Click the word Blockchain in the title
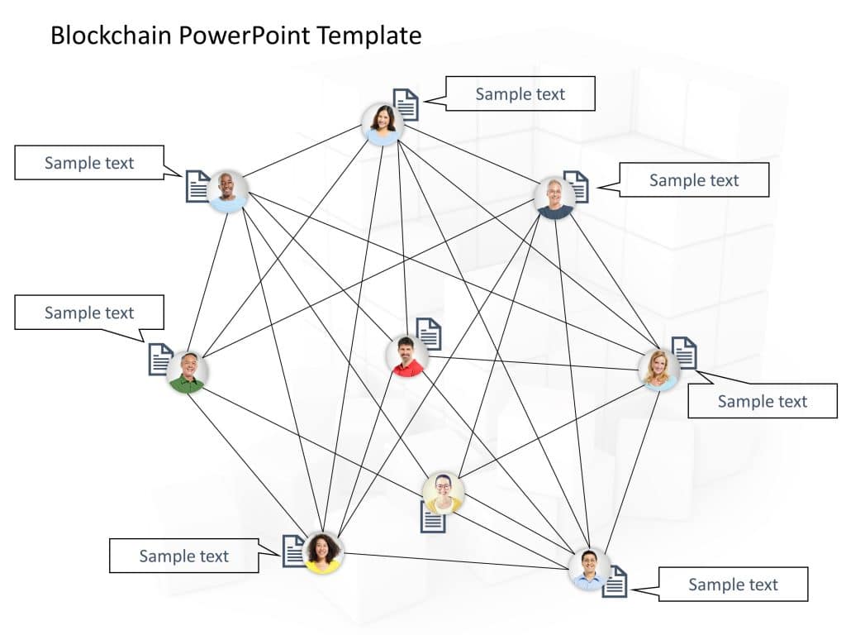pyautogui.click(x=102, y=36)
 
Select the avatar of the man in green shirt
pyautogui.click(x=188, y=371)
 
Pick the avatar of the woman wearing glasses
pyautogui.click(x=444, y=493)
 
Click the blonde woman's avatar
pyautogui.click(x=658, y=370)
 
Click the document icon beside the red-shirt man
pyautogui.click(x=429, y=334)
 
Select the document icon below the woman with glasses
pyautogui.click(x=433, y=518)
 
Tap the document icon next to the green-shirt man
pyautogui.click(x=160, y=360)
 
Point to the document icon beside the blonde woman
pyautogui.click(x=684, y=353)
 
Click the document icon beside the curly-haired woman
pyautogui.click(x=294, y=551)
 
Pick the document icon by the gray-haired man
pyautogui.click(x=577, y=187)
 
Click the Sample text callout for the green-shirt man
pyautogui.click(x=89, y=313)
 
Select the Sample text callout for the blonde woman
pyautogui.click(x=762, y=401)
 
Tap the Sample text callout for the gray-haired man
pyautogui.click(x=693, y=180)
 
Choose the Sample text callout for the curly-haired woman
pyautogui.click(x=183, y=556)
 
